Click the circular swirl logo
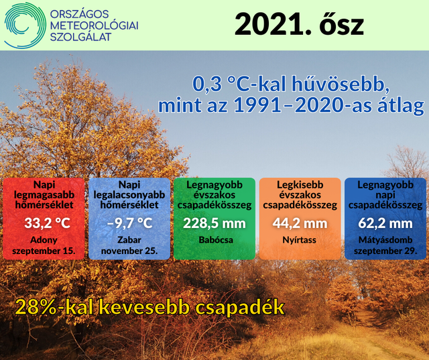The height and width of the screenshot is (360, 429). point(25,25)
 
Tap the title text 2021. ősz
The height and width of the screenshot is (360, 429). point(299,25)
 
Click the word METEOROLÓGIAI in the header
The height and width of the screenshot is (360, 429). point(95,25)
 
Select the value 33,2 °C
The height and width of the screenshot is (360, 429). point(47,223)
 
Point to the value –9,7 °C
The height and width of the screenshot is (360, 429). point(129,223)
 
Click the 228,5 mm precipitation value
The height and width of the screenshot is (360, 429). point(214,223)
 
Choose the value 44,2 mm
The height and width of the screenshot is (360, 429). point(300,223)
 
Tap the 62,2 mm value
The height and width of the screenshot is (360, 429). point(385,223)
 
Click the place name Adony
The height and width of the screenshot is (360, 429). point(44,240)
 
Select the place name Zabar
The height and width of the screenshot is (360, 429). point(129,240)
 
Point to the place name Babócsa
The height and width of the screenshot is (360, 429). point(216,240)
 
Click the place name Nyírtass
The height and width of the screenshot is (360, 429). point(300,240)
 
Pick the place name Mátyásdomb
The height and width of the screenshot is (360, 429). point(385,240)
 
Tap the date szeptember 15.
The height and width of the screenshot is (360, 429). point(44,251)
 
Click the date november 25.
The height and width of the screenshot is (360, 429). point(129,251)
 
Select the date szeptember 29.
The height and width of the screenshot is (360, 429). point(385,251)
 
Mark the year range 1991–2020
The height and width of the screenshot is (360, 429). point(288,106)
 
